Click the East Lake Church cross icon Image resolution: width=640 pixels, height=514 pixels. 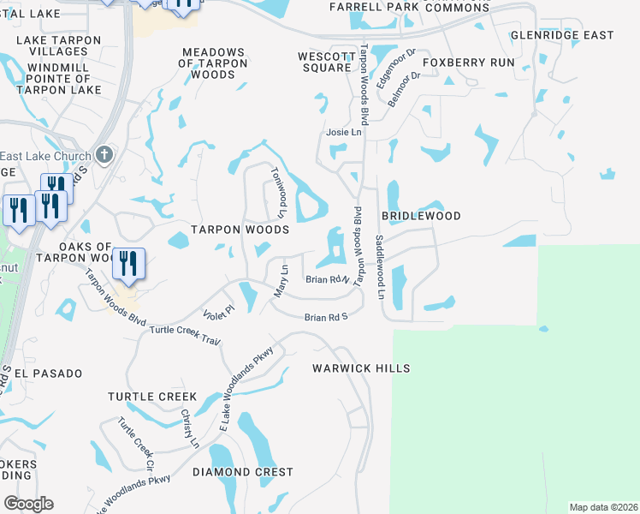(105, 155)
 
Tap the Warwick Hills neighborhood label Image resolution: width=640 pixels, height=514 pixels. (362, 368)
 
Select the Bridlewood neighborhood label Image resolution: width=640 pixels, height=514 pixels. (421, 217)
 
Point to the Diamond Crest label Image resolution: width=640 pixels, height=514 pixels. (242, 472)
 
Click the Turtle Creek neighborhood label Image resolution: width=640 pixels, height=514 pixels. (152, 397)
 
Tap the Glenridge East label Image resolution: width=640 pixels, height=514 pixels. (562, 35)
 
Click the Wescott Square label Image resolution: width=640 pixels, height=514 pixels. (326, 62)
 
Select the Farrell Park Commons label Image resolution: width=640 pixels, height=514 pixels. (410, 8)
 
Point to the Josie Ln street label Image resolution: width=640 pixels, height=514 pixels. (344, 133)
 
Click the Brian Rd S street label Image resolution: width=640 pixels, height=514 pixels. (326, 318)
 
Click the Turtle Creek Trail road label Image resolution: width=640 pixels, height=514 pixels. (185, 335)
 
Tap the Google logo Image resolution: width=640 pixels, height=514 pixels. (28, 504)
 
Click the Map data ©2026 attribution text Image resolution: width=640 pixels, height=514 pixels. (603, 507)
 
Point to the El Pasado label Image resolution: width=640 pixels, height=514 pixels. (49, 374)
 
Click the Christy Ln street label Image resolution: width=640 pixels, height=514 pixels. (189, 428)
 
